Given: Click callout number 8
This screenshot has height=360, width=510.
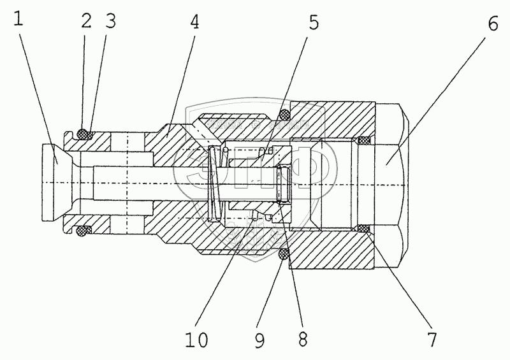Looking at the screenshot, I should coord(302,338).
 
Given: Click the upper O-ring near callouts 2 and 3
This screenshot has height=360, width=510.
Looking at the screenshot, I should coord(83,134).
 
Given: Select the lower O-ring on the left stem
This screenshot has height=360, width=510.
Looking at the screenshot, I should coord(83,229).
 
